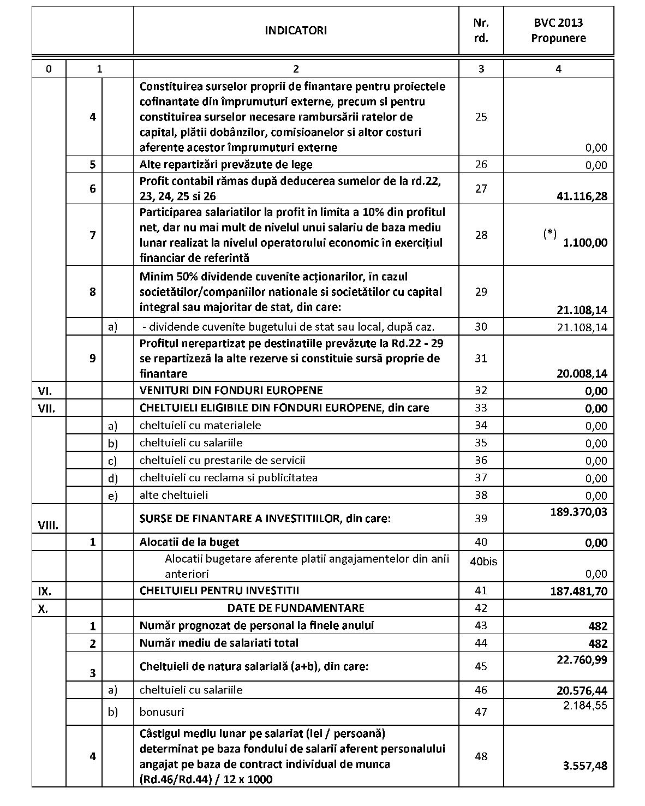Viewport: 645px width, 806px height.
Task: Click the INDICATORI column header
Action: click(296, 31)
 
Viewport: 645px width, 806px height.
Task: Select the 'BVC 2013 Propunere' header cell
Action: click(558, 31)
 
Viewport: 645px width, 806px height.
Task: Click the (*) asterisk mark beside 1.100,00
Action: click(550, 234)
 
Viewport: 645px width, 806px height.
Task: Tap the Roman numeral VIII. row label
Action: click(48, 526)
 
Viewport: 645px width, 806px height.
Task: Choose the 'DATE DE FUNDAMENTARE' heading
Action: click(296, 608)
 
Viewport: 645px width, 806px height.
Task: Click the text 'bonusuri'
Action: click(162, 712)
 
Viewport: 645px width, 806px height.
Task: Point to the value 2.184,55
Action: click(585, 705)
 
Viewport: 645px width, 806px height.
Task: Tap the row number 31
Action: click(481, 359)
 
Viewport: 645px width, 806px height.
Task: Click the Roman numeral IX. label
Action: click(45, 591)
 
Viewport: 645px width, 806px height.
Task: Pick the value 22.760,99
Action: click(582, 660)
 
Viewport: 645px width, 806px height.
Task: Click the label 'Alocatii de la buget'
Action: click(189, 542)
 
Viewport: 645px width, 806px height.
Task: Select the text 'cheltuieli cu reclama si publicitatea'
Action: click(228, 477)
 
